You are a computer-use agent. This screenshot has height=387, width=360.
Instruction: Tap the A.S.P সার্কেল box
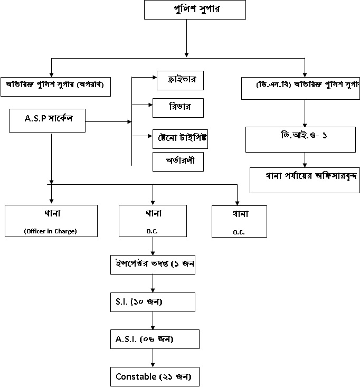coord(48,120)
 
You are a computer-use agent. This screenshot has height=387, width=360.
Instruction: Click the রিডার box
coord(178,107)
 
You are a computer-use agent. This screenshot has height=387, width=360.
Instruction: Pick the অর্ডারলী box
coord(178,161)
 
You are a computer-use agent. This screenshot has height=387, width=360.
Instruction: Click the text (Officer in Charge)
coord(51,230)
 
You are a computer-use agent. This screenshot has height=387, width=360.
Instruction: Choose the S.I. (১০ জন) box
coord(153,301)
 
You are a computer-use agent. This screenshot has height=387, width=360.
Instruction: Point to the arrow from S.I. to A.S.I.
coord(153,320)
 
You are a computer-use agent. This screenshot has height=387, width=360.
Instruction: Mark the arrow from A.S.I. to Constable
coord(153,357)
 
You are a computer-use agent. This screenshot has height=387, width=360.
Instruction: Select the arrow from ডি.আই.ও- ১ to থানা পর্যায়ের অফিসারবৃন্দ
coord(304,160)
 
